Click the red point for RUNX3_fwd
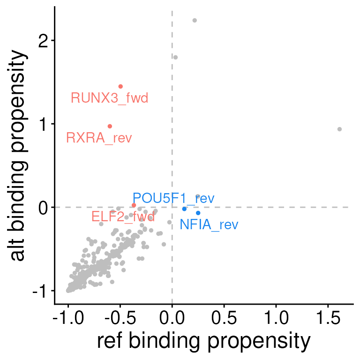pyautogui.click(x=120, y=86)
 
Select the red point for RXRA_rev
pyautogui.click(x=110, y=126)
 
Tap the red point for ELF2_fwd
pyautogui.click(x=134, y=205)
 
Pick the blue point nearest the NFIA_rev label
pyautogui.click(x=198, y=213)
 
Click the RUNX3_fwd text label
pyautogui.click(x=110, y=98)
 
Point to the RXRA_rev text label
pyautogui.click(x=99, y=138)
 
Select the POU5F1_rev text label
pyautogui.click(x=173, y=198)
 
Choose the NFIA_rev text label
pyautogui.click(x=209, y=225)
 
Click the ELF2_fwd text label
pyautogui.click(x=123, y=217)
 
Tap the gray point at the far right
pyautogui.click(x=339, y=129)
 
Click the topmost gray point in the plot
pyautogui.click(x=195, y=20)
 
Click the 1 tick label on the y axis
pyautogui.click(x=44, y=124)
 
